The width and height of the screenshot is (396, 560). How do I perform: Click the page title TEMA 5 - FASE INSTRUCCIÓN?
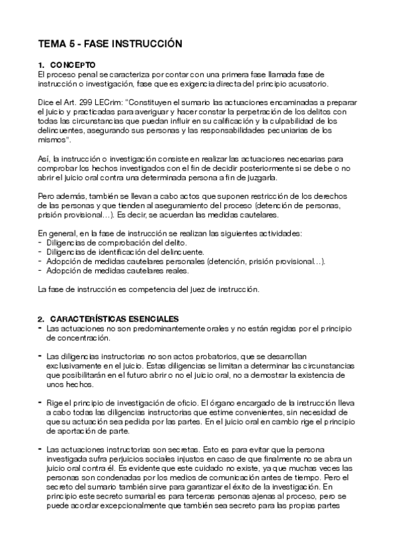(109, 44)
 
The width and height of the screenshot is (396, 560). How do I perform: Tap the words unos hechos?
(67, 384)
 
